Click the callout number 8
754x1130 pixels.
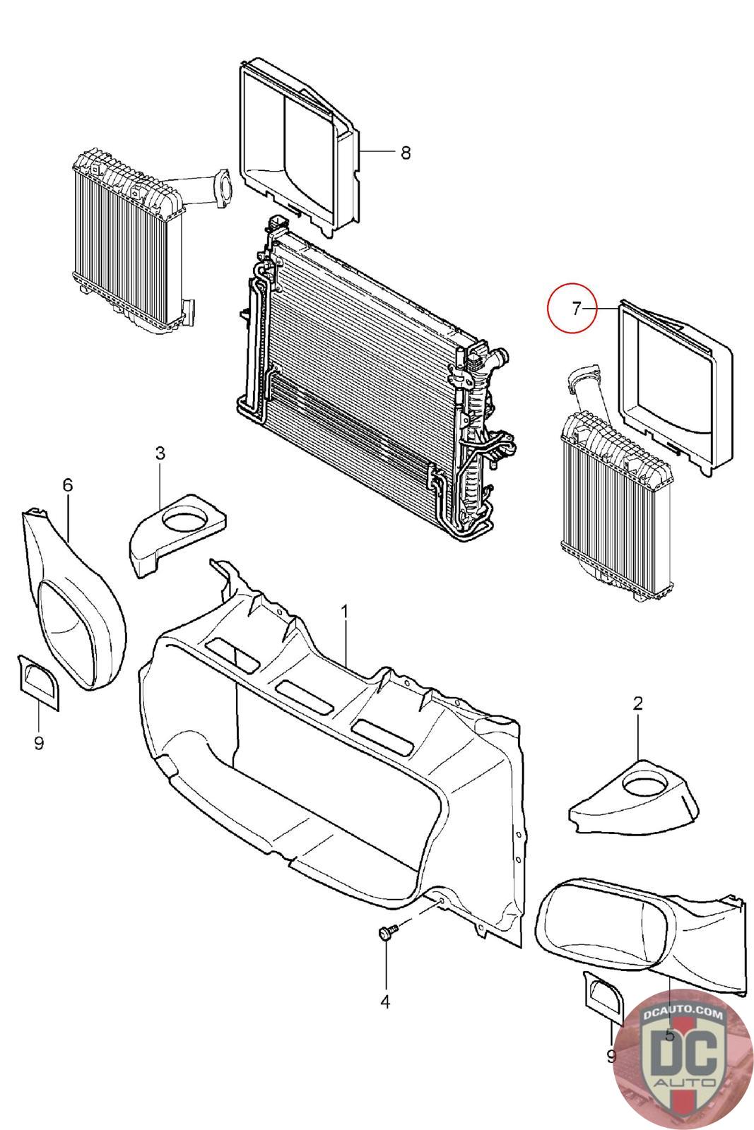pyautogui.click(x=405, y=153)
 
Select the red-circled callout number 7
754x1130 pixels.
pyautogui.click(x=577, y=308)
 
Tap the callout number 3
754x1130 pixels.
pyautogui.click(x=160, y=453)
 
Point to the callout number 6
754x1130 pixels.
pyautogui.click(x=68, y=484)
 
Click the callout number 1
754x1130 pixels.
pyautogui.click(x=345, y=612)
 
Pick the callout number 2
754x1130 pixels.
pyautogui.click(x=638, y=703)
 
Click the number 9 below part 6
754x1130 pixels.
pyautogui.click(x=39, y=743)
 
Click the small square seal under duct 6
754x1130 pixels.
pyautogui.click(x=38, y=682)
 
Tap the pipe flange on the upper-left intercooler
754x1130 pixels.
pyautogui.click(x=222, y=188)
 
